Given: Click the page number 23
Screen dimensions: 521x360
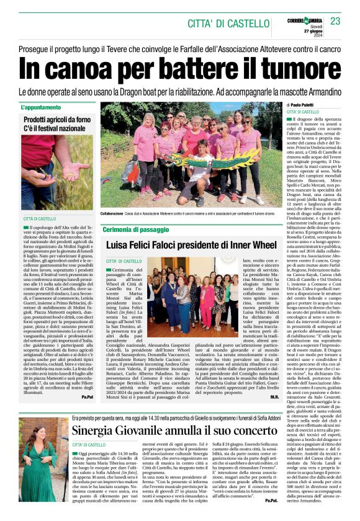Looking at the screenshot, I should (x=335, y=21).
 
